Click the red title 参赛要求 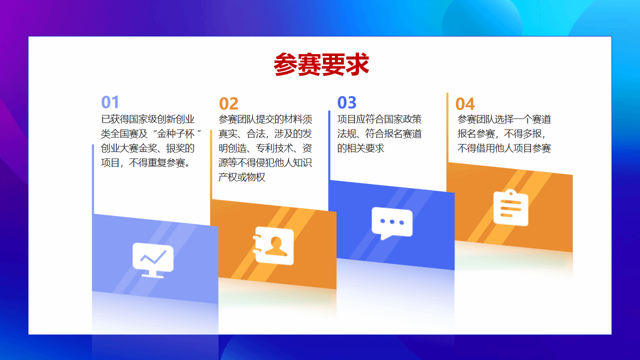click(x=321, y=64)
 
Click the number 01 click(x=110, y=102)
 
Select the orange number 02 click(x=228, y=103)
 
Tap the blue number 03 click(x=347, y=102)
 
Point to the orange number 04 click(x=465, y=103)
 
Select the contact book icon click(x=273, y=245)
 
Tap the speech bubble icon click(x=392, y=223)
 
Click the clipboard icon click(x=511, y=207)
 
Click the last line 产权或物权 click(x=241, y=177)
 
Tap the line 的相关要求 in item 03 click(x=360, y=148)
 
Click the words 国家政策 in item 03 click(x=402, y=119)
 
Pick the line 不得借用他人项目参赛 click(x=504, y=148)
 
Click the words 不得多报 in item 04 click(x=522, y=133)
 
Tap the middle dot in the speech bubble click(x=392, y=221)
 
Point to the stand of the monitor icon click(x=153, y=274)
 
